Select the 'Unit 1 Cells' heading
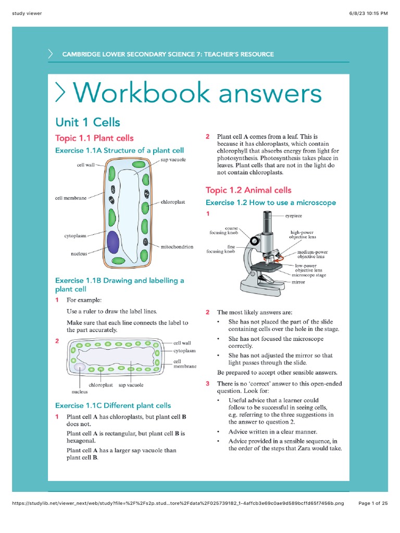(87, 122)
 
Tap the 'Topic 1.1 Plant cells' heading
(94, 138)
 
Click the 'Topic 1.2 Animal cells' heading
(248, 190)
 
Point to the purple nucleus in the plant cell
(113, 242)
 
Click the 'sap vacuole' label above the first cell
(173, 160)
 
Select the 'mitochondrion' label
(177, 247)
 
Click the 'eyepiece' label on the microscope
(293, 215)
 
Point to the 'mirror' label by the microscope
(298, 282)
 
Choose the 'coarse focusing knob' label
(224, 231)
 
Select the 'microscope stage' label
(310, 275)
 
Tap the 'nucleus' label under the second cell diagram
(79, 391)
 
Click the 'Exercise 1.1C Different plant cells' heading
(113, 405)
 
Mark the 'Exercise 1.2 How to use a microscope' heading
(271, 202)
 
